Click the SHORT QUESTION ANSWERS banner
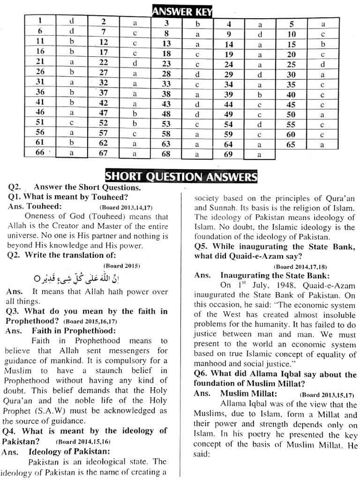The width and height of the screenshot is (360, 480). (181, 177)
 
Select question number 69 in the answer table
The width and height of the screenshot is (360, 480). (228, 154)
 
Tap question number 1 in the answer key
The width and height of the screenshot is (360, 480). (40, 21)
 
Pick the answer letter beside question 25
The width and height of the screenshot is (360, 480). (322, 65)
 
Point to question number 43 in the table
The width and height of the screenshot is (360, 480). (166, 104)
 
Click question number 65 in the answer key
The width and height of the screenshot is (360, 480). (291, 145)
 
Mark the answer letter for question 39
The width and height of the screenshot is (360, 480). (260, 95)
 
